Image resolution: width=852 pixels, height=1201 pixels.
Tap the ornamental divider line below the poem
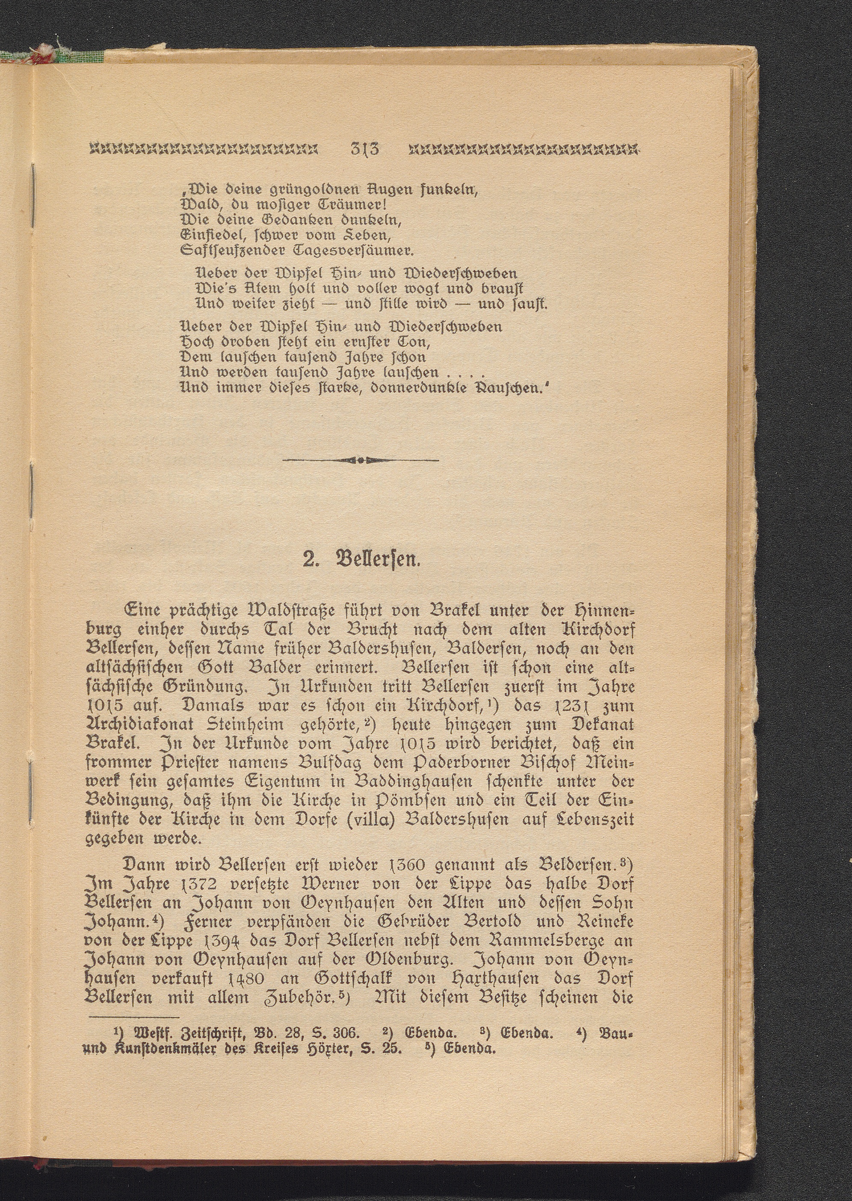point(361,460)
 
